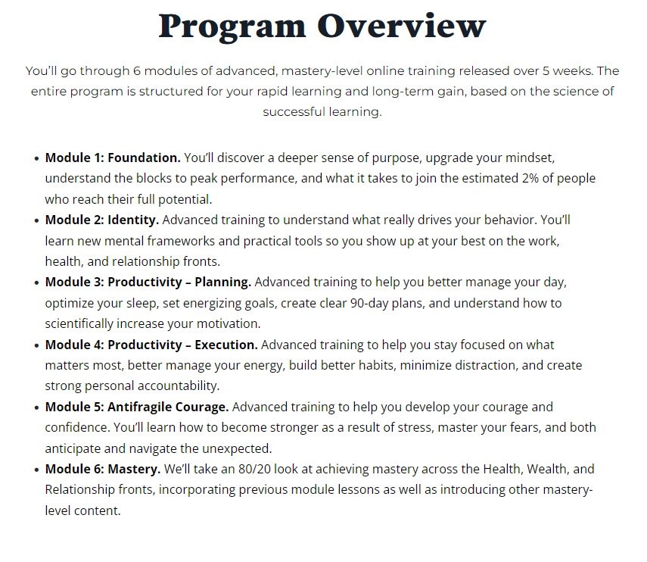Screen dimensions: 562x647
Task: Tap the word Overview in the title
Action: click(402, 27)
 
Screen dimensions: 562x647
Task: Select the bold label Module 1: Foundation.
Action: click(113, 158)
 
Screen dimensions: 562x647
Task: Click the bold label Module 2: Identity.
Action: click(102, 220)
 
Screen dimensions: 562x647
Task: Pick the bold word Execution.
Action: click(224, 345)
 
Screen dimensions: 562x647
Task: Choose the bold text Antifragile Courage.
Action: click(173, 407)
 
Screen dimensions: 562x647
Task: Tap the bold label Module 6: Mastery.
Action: click(103, 469)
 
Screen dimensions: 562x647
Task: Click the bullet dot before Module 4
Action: click(37, 345)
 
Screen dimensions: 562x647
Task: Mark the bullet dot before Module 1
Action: click(37, 158)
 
